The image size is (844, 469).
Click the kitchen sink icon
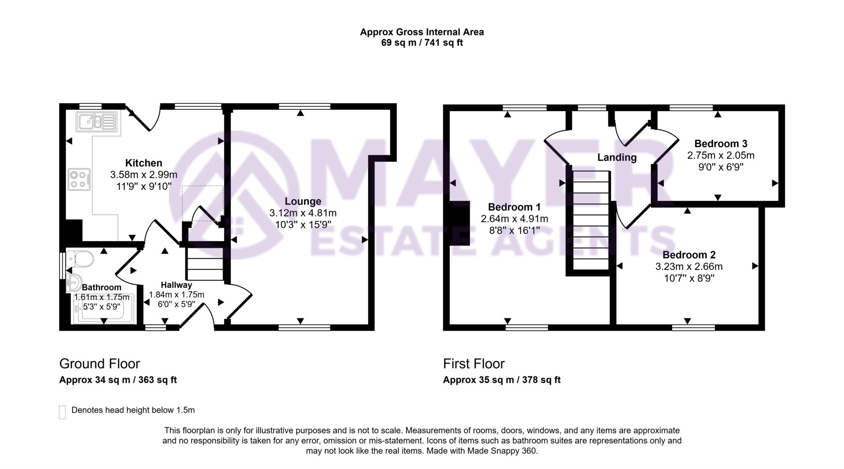pos(96,121)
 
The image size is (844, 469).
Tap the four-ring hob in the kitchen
pos(79,180)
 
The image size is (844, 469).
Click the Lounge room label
pos(303,201)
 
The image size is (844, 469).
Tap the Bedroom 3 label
pos(721,144)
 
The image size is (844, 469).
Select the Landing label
pos(617,157)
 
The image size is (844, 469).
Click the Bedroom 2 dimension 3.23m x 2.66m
pos(689,267)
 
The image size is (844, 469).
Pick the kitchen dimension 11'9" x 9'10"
pos(143,187)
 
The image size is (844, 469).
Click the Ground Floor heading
pos(99,364)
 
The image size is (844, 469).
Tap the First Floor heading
pos(474,364)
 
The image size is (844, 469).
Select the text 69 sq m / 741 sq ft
pos(422,43)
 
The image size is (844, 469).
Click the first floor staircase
pos(591,220)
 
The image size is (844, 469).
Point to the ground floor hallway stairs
pos(205,264)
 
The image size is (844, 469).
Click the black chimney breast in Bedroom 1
pos(460,223)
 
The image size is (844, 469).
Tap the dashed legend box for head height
pos(62,412)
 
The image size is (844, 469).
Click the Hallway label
pos(176,285)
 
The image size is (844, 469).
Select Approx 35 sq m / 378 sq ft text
pos(502,380)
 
